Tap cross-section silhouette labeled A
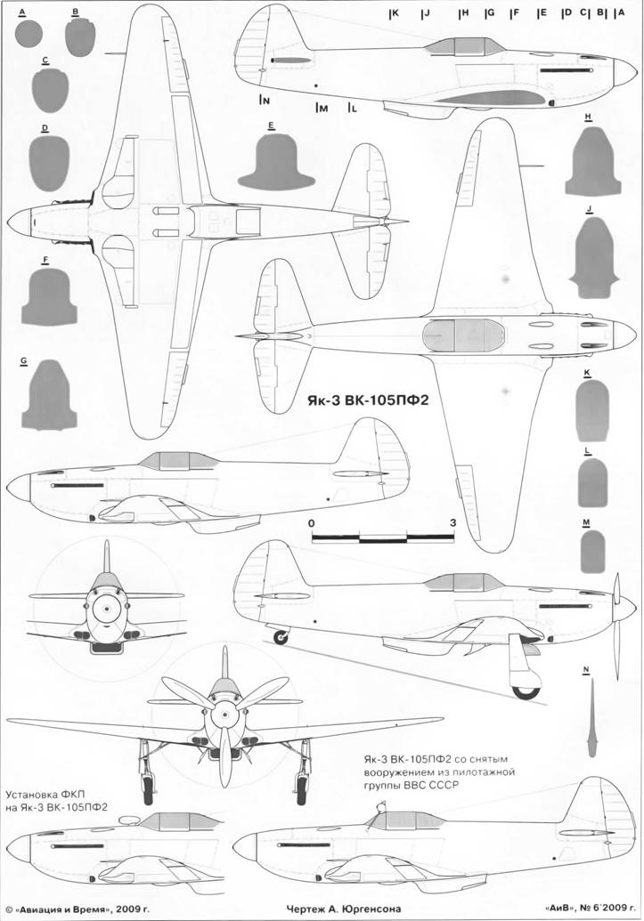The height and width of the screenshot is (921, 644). coord(29,34)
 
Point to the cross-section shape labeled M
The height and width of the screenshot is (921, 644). coord(591,552)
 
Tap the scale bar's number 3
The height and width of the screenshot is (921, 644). coord(453,522)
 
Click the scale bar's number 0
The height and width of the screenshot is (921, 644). coord(312,522)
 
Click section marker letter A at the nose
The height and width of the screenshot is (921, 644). coord(619,14)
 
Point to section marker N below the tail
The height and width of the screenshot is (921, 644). coord(265,101)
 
